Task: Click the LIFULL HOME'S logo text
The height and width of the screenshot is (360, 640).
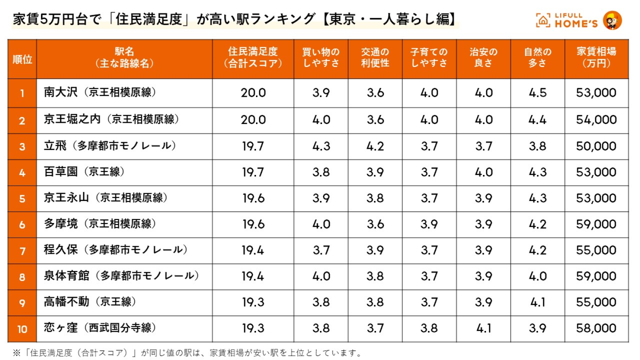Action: pyautogui.click(x=575, y=20)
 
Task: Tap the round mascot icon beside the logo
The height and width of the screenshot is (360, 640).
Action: pyautogui.click(x=612, y=20)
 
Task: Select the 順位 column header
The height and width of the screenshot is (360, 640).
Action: pyautogui.click(x=22, y=59)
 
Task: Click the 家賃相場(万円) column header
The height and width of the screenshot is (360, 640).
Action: pyautogui.click(x=596, y=58)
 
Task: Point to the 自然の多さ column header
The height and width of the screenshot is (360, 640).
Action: pyautogui.click(x=538, y=58)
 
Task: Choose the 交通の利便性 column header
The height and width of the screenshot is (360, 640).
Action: pyautogui.click(x=375, y=58)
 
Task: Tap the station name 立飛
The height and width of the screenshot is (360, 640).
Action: pyautogui.click(x=55, y=146)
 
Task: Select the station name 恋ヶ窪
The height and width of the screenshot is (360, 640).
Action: pyautogui.click(x=61, y=328)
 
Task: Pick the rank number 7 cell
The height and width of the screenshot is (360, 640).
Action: pyautogui.click(x=22, y=251)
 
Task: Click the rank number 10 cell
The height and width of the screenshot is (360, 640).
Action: pyautogui.click(x=22, y=329)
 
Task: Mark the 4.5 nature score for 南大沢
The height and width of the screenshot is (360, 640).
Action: pyautogui.click(x=538, y=93)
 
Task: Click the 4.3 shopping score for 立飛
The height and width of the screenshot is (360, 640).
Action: pyautogui.click(x=321, y=147)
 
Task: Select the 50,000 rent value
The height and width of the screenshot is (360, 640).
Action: pyautogui.click(x=596, y=147)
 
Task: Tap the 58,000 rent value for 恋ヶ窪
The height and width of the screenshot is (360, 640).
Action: pyautogui.click(x=596, y=328)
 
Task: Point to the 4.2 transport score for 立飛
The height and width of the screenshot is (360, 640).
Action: pyautogui.click(x=375, y=147)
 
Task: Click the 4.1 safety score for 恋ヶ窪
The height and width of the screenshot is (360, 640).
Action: pyautogui.click(x=483, y=328)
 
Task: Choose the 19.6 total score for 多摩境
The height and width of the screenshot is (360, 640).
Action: pyautogui.click(x=253, y=224)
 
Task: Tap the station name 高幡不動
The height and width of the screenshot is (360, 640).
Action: pyautogui.click(x=67, y=302)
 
